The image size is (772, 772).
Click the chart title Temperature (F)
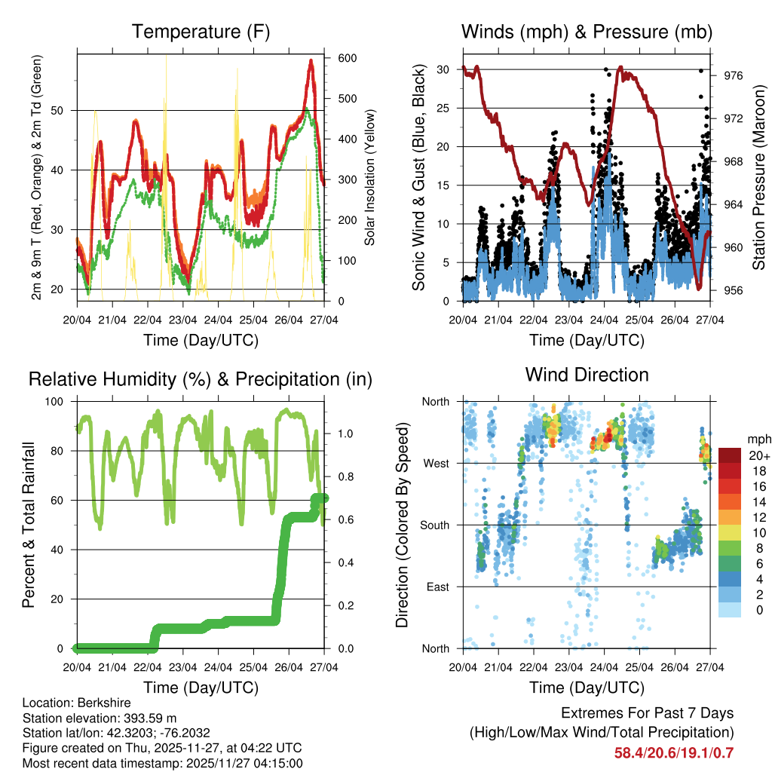click(x=201, y=32)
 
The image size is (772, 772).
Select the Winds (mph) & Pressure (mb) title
click(x=587, y=32)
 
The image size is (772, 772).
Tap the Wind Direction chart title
click(x=587, y=375)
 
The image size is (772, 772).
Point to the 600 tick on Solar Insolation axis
click(x=347, y=58)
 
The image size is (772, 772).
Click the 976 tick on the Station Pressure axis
click(x=733, y=75)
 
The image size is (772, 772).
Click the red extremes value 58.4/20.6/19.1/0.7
click(x=673, y=752)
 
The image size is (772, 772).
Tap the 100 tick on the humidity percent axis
click(x=60, y=401)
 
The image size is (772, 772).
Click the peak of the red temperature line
click(x=311, y=60)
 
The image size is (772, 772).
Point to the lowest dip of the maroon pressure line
click(x=699, y=287)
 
